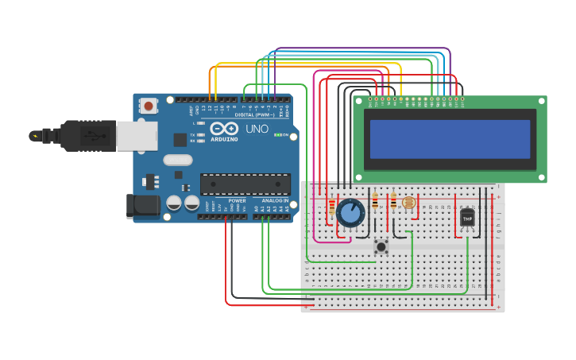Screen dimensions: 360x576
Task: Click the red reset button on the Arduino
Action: pos(149,105)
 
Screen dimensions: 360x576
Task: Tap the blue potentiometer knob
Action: pos(350,213)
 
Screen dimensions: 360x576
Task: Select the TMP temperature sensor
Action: pos(467,217)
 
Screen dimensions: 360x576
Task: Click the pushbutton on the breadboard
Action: pos(381,246)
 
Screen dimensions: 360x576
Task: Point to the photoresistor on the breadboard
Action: pos(409,203)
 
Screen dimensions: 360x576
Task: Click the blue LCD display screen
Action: pos(450,139)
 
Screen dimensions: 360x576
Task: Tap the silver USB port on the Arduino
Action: pos(137,135)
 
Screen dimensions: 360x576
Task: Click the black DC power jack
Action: pos(143,206)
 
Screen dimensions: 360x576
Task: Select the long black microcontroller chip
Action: pos(244,184)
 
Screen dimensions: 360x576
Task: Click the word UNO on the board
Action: pos(257,129)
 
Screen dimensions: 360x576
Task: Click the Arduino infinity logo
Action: pos(224,129)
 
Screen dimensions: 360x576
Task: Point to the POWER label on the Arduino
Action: pos(237,201)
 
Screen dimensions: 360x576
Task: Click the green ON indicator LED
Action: pos(277,135)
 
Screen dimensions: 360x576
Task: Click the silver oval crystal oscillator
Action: pos(179,160)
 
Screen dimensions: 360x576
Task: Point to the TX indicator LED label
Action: pos(194,134)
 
